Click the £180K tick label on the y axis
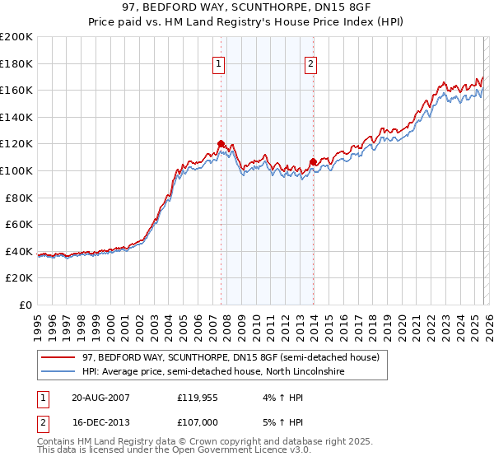tap(16, 63)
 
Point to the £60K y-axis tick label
tap(18, 224)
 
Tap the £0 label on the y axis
tap(25, 305)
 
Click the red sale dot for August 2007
tap(221, 144)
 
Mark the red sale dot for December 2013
tap(313, 161)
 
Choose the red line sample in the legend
tap(58, 357)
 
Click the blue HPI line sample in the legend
tap(58, 372)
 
